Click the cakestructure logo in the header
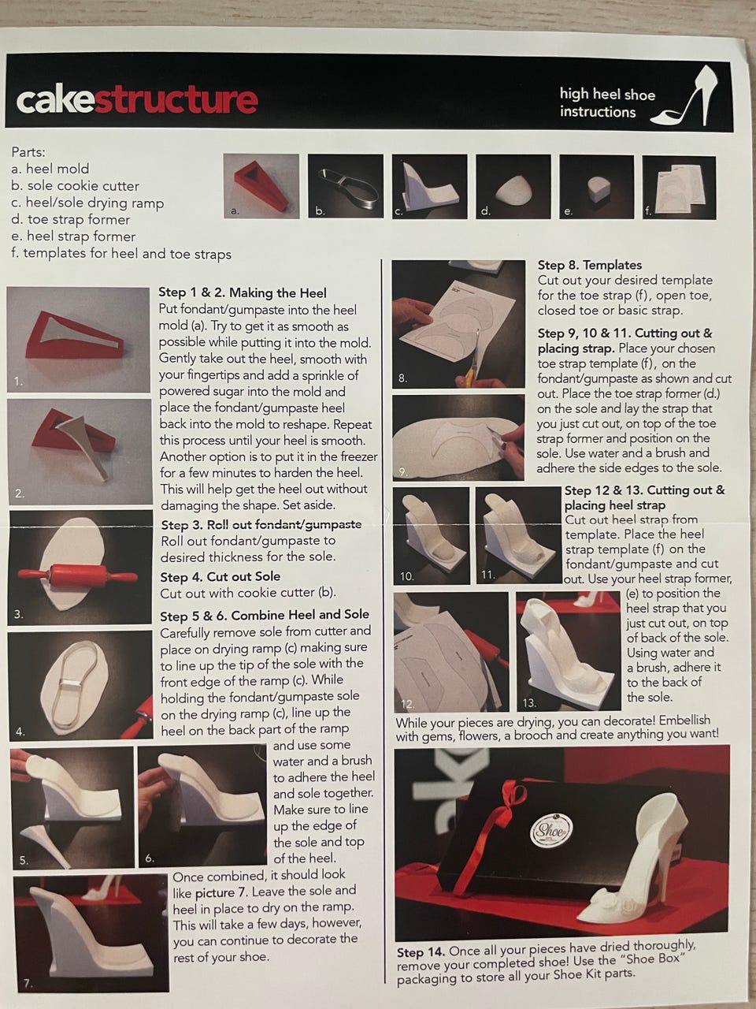pos(137,100)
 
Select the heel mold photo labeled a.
pos(261,186)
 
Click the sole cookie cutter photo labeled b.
pos(345,186)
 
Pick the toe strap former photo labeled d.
pos(513,187)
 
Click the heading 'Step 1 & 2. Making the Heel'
pos(243,292)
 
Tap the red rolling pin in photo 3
pos(78,574)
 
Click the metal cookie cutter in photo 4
pos(76,683)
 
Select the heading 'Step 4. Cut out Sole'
pos(220,576)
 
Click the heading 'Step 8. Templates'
pos(589,265)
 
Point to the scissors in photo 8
pos(473,359)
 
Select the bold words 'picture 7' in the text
pos(221,892)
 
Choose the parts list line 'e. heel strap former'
pos(73,236)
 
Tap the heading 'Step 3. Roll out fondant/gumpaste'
pos(261,524)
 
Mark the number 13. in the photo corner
pos(528,703)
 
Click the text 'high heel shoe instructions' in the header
pos(607,103)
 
